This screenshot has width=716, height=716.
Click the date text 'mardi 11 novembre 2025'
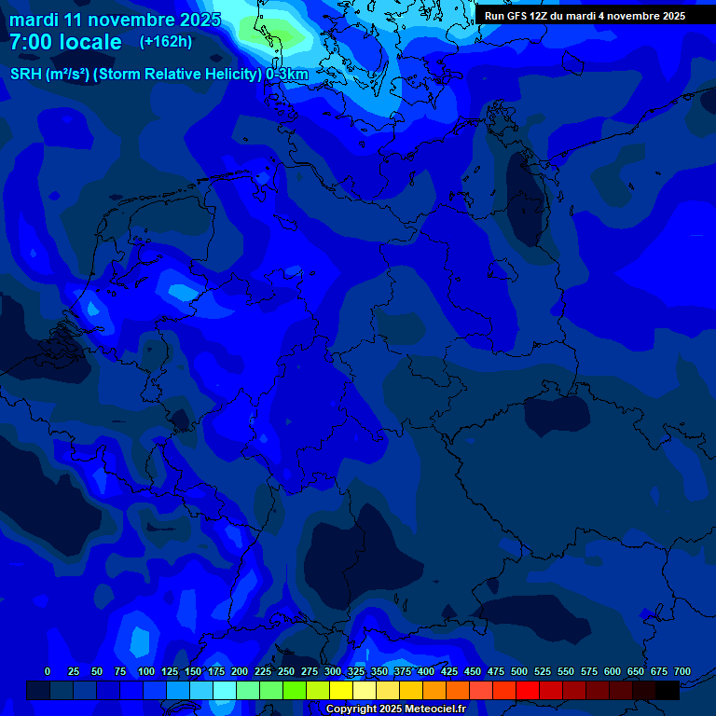pos(115,20)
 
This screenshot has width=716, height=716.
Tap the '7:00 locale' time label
pos(65,42)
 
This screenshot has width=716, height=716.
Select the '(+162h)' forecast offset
pos(166,42)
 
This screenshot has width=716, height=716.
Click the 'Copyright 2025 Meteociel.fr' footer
pos(395,709)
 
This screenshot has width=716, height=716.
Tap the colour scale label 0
pos(48,671)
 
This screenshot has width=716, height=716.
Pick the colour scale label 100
pos(146,671)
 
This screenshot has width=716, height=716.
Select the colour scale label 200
pos(240,671)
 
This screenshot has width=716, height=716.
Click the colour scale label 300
pos(333,671)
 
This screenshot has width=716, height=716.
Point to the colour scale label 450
pos(473,671)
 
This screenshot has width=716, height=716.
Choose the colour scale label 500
pos(519,671)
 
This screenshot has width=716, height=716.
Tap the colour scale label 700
pos(682,671)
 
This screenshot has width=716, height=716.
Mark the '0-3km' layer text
pos(287,75)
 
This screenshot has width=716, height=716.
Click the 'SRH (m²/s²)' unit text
pos(49,75)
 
